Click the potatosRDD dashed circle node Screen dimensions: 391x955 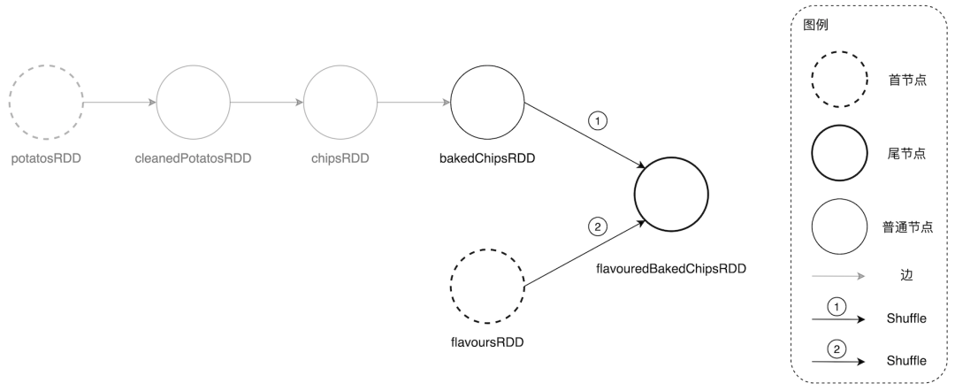[46, 103]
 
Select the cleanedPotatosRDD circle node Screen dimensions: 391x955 [193, 103]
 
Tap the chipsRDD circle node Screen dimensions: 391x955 [340, 103]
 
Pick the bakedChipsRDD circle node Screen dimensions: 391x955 [487, 103]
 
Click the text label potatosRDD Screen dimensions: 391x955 [46, 159]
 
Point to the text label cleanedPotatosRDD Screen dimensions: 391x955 [193, 159]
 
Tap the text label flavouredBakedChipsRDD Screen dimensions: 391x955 [671, 264]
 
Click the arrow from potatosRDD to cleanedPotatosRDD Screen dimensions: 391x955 [119, 103]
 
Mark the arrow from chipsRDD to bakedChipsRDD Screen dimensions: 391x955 [413, 103]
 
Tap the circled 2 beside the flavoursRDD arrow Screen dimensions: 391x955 [598, 227]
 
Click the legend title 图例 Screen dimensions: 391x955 [814, 26]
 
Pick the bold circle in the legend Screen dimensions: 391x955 [837, 153]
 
